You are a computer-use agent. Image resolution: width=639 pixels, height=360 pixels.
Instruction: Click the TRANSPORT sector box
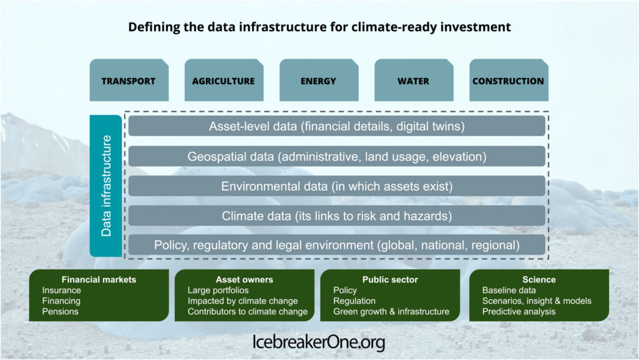tap(129, 80)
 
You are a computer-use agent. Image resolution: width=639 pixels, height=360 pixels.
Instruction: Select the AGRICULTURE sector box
tap(224, 80)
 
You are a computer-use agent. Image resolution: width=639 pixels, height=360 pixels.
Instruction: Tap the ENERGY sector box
tap(319, 80)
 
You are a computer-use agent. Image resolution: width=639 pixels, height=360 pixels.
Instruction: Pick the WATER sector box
tap(414, 80)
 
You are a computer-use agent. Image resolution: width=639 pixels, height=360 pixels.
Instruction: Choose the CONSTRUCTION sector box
tap(509, 80)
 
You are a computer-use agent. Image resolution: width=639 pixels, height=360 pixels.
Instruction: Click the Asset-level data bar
tap(336, 126)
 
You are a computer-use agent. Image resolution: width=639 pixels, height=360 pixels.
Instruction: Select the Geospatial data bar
tap(336, 157)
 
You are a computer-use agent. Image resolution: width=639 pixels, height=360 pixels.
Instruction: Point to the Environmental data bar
tap(336, 186)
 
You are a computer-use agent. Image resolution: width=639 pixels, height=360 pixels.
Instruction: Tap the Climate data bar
tap(336, 216)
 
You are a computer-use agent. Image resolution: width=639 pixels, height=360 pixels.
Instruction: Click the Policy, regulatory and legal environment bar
tap(336, 245)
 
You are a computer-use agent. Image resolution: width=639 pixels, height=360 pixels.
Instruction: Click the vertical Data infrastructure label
tap(106, 186)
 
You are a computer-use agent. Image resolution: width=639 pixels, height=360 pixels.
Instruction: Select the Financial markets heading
tap(99, 280)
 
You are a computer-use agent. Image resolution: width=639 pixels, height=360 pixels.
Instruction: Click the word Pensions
tap(61, 311)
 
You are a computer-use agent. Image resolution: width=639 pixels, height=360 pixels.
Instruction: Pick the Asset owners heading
tap(245, 280)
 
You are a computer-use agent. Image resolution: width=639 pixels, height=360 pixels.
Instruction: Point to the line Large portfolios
tap(218, 290)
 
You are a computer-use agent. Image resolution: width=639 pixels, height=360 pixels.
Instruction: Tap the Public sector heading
tap(390, 280)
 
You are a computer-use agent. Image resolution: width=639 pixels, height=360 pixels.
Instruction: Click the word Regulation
tap(354, 301)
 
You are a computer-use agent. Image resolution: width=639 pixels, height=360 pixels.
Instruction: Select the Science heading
tap(539, 280)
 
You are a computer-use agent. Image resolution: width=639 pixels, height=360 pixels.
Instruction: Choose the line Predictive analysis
tap(519, 311)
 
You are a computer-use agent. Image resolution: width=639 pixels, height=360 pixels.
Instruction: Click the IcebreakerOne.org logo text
tap(319, 342)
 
